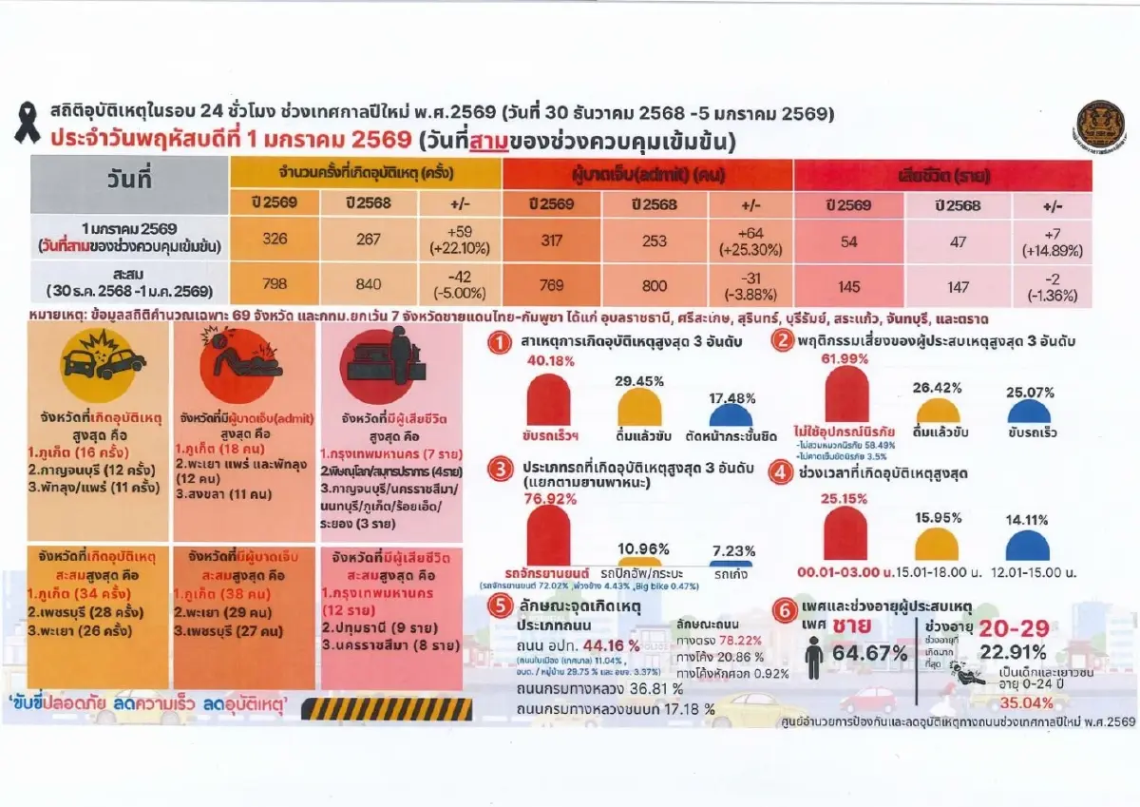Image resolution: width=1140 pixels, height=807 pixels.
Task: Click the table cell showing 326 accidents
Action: (275, 239)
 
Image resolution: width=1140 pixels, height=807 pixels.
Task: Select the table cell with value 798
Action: (275, 284)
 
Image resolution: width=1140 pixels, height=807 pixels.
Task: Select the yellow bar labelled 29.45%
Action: (639, 409)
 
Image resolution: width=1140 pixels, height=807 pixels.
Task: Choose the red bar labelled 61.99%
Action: (846, 394)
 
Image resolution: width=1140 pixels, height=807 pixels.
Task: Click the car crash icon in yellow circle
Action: (104, 361)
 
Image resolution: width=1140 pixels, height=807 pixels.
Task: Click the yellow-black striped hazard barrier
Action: (392, 708)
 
